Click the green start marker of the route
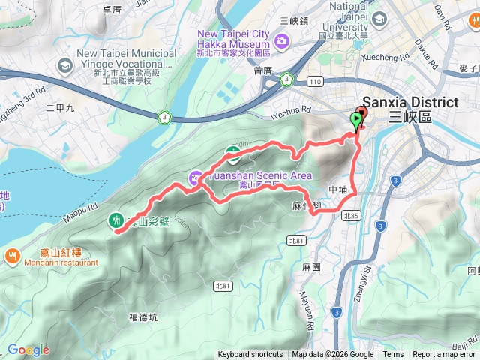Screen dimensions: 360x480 [x=355, y=120]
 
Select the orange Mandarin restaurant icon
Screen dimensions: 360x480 [x=13, y=256]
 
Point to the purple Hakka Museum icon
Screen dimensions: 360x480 [x=282, y=40]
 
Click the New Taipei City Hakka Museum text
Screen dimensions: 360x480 [x=232, y=34]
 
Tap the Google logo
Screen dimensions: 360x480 [x=28, y=349]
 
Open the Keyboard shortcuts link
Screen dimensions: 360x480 [x=250, y=355]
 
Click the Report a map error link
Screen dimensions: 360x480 [x=445, y=355]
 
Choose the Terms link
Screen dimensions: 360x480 [x=393, y=355]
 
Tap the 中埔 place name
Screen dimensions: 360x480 [x=338, y=190]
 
